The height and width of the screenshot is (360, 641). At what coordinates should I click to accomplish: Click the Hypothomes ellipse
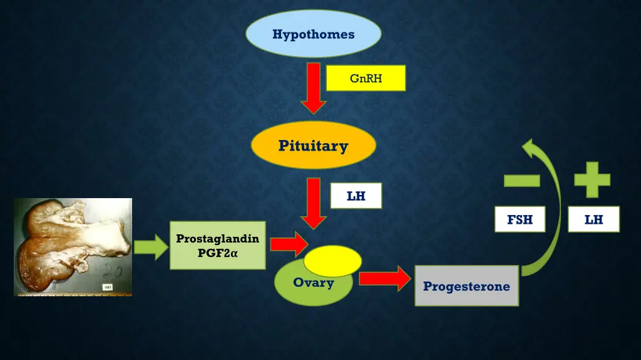[313, 34]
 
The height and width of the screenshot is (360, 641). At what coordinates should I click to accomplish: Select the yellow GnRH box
[366, 78]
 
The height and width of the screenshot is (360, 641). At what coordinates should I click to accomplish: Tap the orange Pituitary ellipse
[313, 146]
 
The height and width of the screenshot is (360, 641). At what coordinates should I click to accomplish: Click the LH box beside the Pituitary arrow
[356, 196]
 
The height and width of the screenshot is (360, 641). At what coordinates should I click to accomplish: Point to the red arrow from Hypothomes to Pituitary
[314, 87]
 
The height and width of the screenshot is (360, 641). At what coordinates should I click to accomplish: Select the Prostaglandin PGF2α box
[217, 245]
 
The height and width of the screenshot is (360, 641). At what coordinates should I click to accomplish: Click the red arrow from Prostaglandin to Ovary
[288, 243]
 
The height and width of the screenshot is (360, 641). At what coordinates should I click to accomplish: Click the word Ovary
[313, 283]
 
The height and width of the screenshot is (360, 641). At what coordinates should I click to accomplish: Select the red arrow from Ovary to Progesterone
[382, 279]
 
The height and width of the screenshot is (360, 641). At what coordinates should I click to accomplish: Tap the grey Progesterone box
[466, 286]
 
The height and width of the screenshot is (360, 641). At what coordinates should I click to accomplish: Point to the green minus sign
[521, 181]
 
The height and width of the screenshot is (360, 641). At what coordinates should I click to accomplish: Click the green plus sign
[592, 180]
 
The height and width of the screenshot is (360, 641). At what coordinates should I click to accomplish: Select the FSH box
[520, 219]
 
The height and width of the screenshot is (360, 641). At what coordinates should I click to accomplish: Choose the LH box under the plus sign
[593, 219]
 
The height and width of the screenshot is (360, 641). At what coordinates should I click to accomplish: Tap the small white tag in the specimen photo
[107, 287]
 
